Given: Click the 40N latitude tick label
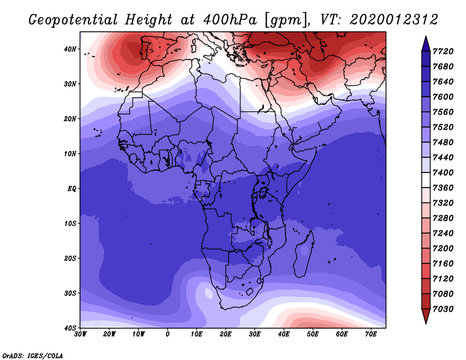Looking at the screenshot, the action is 70,49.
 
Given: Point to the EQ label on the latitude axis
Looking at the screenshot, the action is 72,189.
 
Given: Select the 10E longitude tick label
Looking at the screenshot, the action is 196,334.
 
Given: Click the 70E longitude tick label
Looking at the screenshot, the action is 370,334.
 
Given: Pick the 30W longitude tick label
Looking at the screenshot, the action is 80,334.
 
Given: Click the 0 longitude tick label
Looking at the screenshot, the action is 168,334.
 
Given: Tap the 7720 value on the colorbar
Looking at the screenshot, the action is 443,51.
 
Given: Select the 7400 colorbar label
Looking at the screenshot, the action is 443,172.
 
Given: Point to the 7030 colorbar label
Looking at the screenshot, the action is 443,309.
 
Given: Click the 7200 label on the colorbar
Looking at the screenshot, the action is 443,249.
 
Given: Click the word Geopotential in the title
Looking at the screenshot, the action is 73,20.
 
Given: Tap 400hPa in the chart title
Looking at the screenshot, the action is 230,20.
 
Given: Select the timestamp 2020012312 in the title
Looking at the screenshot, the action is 394,20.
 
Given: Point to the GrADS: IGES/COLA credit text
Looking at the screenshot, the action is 33,356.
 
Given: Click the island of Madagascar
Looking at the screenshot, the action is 304,253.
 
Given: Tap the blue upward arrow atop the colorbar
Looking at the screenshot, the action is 426,44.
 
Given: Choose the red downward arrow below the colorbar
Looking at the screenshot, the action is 426,316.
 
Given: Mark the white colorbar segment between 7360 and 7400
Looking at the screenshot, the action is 426,180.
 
